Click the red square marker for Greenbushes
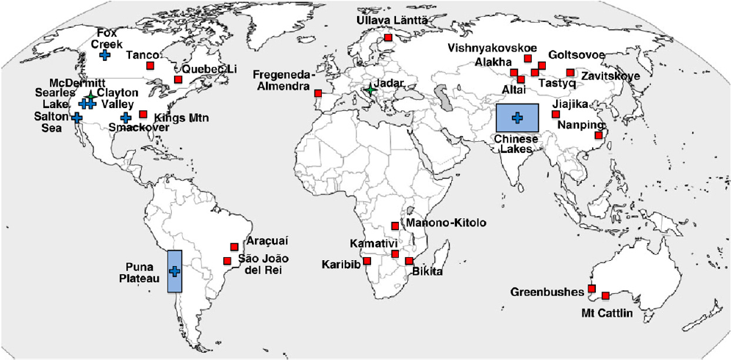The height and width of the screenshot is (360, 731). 591,289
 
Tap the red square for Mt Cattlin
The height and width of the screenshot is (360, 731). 605,296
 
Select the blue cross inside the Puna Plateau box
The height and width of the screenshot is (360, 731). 175,271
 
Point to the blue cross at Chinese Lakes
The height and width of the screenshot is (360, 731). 517,117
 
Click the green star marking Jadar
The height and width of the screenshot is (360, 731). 370,90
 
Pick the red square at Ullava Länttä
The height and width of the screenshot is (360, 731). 388,37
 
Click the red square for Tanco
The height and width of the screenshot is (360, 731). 151,66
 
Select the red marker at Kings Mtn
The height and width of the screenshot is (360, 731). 143,115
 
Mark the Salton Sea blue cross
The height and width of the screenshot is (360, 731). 77,117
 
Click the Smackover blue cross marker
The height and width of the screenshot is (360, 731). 126,118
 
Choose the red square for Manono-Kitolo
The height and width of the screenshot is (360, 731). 395,226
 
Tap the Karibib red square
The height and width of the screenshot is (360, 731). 367,262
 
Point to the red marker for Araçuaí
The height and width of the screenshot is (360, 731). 234,247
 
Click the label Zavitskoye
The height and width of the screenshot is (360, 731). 610,76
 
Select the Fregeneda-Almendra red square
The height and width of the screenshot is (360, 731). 318,93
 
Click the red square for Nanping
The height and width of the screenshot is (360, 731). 599,135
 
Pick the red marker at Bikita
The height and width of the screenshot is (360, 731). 409,262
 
